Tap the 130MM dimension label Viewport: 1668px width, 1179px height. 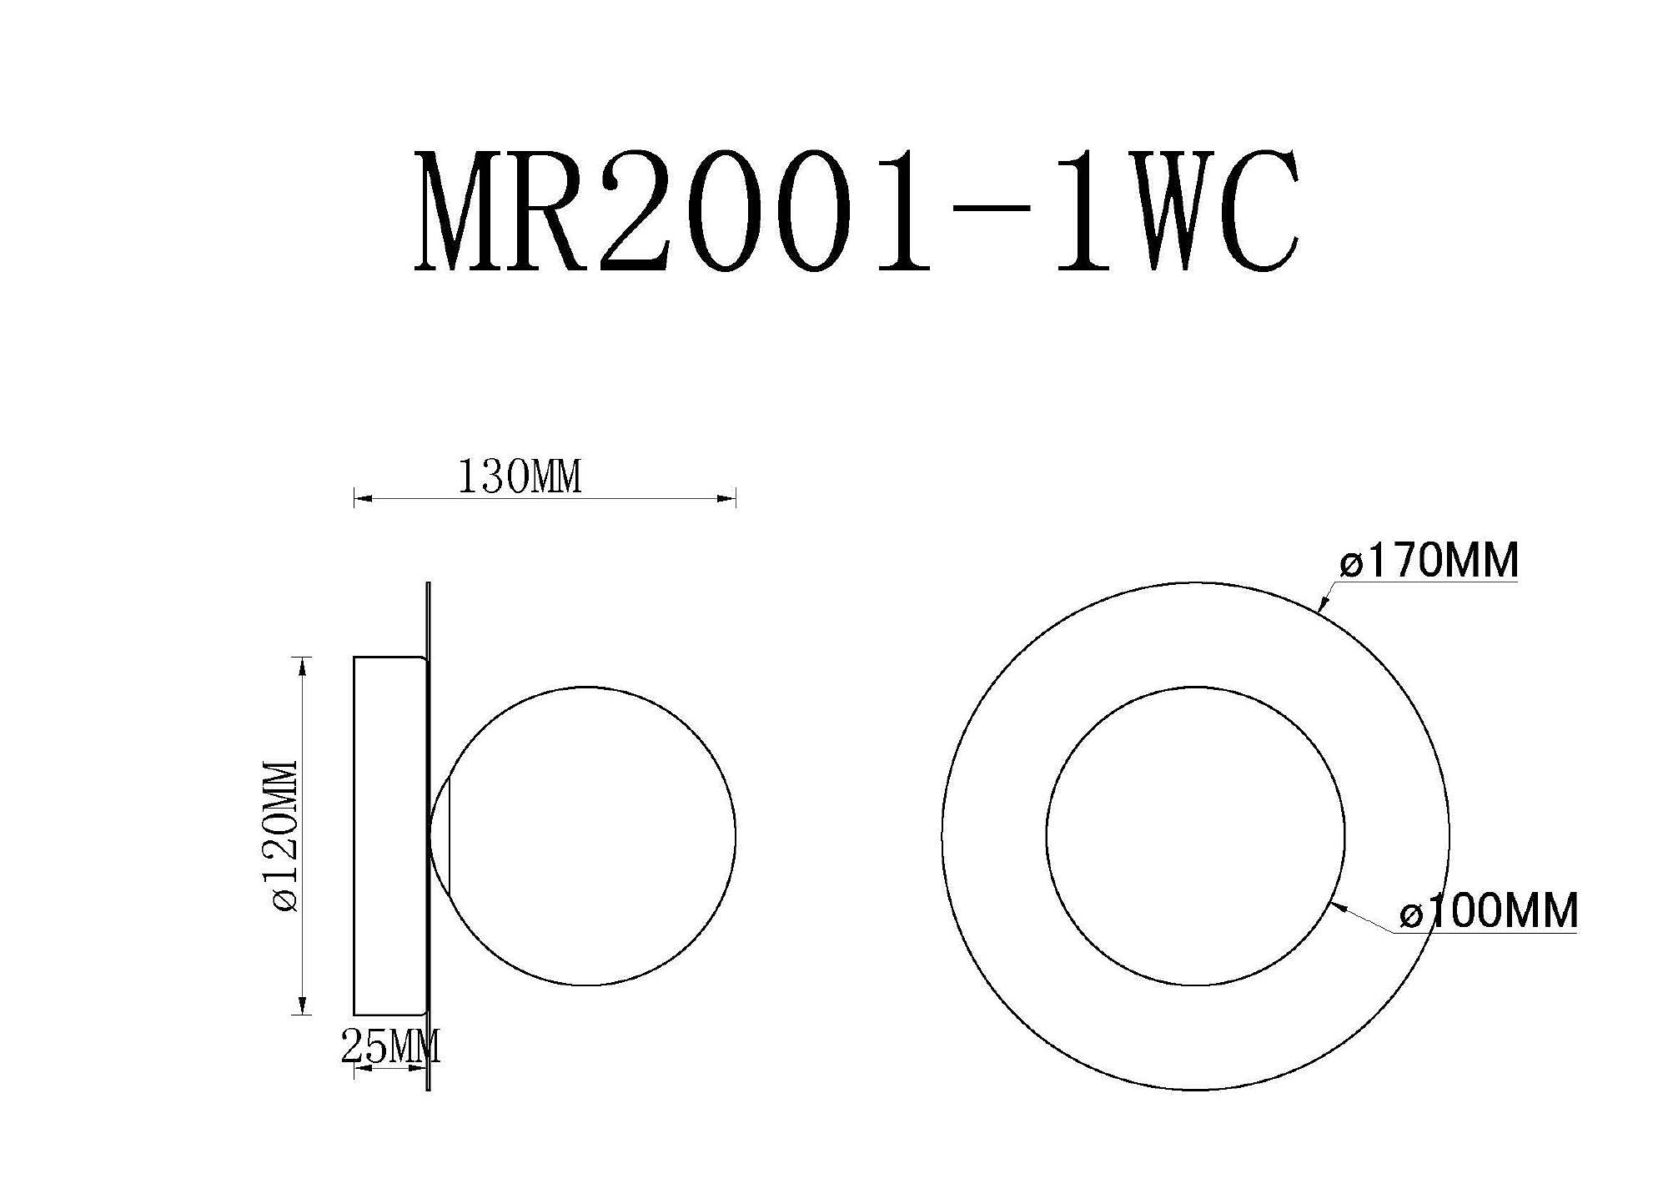click(x=520, y=476)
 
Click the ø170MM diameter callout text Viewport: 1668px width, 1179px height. click(x=1429, y=561)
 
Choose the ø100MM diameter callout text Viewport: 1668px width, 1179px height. click(x=1489, y=911)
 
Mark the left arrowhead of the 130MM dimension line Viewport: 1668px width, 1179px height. click(x=362, y=499)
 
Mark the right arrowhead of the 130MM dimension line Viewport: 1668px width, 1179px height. click(x=727, y=499)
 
